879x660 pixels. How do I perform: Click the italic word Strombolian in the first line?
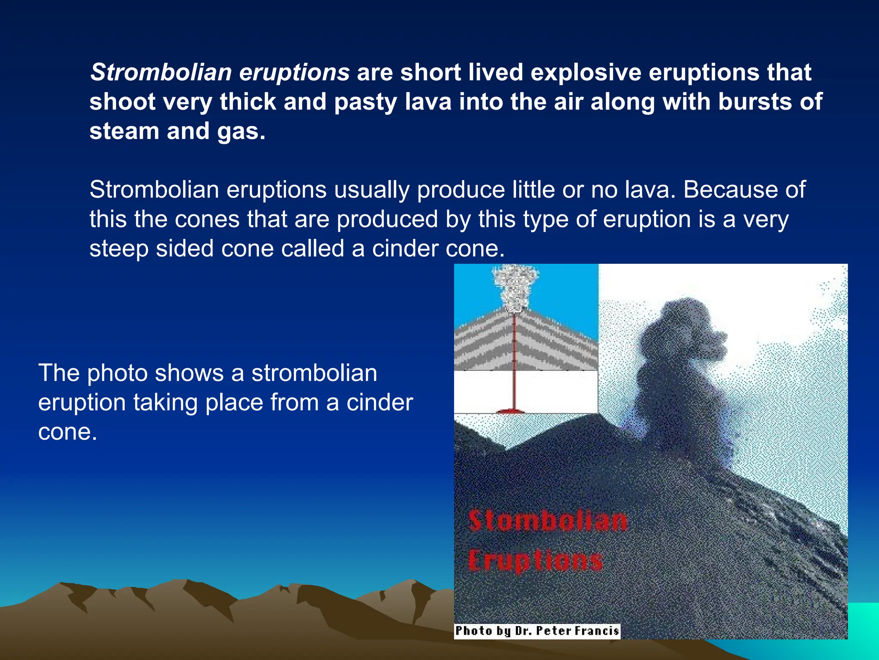click(161, 72)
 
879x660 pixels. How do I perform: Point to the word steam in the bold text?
click(124, 131)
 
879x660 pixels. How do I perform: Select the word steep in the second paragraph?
click(119, 249)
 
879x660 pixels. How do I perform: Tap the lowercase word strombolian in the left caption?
click(314, 373)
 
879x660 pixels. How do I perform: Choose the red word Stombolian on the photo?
click(548, 521)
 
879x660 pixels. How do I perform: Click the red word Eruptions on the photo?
click(536, 561)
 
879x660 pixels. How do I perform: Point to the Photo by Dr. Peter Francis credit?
click(537, 631)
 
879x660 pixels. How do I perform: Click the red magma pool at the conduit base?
click(511, 411)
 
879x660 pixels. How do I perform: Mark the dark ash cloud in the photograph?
click(678, 365)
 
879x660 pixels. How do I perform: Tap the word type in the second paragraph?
click(543, 219)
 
